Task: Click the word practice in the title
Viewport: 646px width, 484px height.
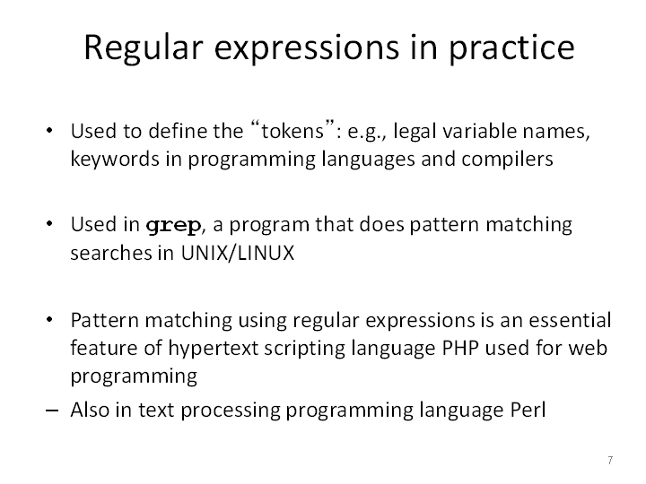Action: point(511,48)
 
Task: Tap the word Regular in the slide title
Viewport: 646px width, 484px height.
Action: point(144,48)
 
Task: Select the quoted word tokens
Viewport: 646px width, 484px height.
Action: point(292,131)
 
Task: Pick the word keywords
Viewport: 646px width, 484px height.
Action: point(115,160)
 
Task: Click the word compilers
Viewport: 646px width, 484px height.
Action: point(507,160)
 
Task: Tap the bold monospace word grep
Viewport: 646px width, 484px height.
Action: point(173,226)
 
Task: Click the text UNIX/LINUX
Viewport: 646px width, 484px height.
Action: point(238,253)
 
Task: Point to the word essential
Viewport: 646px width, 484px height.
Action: point(570,321)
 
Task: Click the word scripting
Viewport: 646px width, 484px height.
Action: point(305,349)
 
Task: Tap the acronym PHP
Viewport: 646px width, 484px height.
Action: point(460,348)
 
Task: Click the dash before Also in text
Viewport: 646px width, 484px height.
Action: point(52,411)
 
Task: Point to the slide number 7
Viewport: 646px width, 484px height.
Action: point(610,460)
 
